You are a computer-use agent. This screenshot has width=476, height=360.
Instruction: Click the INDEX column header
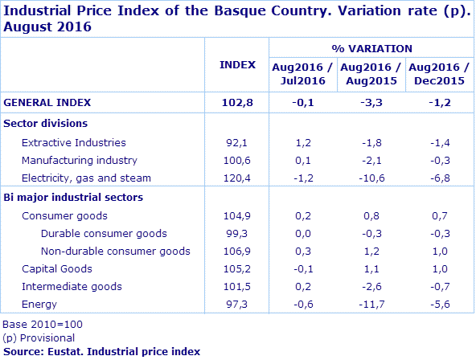tap(237, 64)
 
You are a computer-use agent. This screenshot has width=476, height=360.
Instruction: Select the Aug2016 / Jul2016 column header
tap(304, 74)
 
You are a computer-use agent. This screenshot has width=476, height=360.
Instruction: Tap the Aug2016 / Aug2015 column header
tap(371, 74)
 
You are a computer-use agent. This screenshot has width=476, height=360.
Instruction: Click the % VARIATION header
tap(371, 49)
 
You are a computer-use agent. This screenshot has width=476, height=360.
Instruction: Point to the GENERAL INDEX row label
tap(47, 102)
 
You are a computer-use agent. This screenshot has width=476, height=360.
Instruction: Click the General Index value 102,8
tap(237, 102)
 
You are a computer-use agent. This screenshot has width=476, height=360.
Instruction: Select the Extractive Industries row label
tap(73, 142)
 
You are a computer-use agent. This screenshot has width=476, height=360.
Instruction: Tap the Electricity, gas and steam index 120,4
tap(237, 178)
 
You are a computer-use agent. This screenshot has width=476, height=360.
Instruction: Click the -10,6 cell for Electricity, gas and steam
tap(371, 178)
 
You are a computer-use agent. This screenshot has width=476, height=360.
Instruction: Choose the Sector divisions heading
tap(46, 123)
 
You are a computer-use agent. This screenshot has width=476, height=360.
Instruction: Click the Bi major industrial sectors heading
tap(74, 197)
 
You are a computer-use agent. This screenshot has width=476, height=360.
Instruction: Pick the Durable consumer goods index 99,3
tap(237, 233)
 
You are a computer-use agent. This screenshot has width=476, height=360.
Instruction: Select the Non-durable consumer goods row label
tap(116, 251)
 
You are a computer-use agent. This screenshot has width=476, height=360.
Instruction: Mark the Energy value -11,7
tap(371, 304)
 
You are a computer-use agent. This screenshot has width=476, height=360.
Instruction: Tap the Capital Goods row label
tap(57, 268)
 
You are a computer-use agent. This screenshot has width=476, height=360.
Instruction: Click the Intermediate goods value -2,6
tap(371, 286)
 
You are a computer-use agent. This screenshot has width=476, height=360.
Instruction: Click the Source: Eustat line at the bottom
tap(101, 351)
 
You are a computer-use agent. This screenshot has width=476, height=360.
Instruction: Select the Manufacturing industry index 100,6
tap(237, 160)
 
